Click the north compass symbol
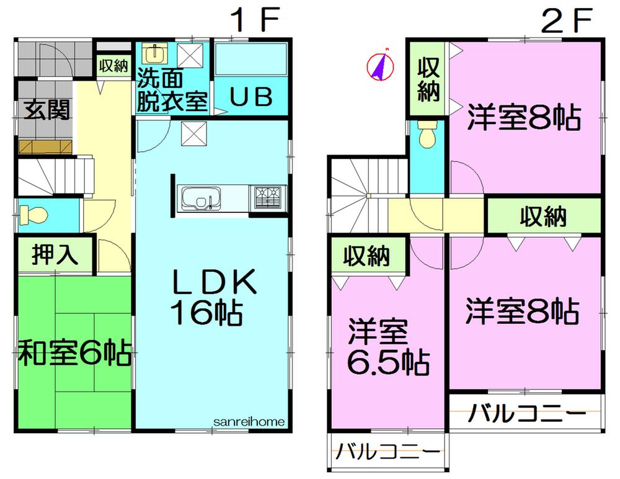tap(379, 66)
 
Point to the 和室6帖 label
tap(73, 354)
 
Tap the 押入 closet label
tap(55, 255)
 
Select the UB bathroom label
tap(251, 98)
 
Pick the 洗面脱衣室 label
tap(171, 92)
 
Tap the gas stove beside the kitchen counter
tap(268, 197)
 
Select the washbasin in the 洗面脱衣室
tap(152, 55)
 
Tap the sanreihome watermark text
tap(249, 421)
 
